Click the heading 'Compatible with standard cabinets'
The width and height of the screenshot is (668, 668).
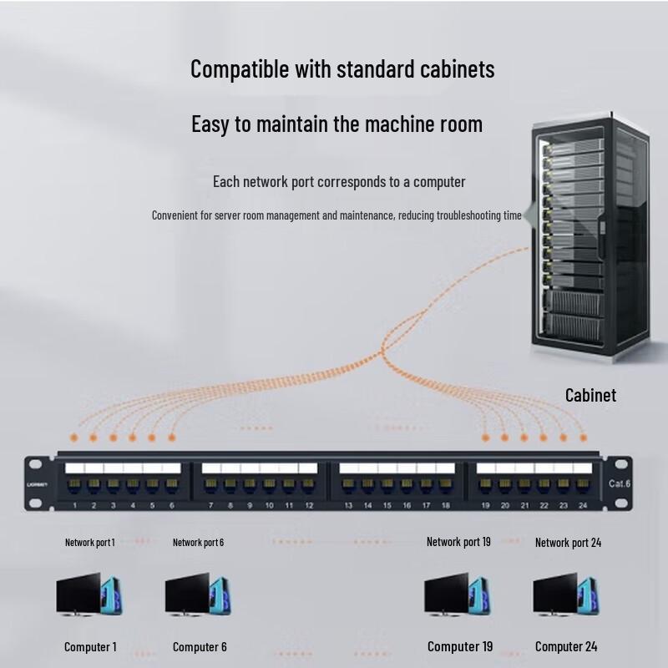tap(342, 68)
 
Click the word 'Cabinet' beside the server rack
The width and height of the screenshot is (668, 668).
tap(590, 395)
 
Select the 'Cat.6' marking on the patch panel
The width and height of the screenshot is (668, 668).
tap(618, 483)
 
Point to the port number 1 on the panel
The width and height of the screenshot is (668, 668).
tap(75, 506)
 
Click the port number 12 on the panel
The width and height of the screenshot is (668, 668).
tap(309, 506)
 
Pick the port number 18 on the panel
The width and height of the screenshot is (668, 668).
tap(446, 506)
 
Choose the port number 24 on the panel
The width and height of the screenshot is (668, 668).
tap(583, 506)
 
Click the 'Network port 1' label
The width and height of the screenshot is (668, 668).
tap(89, 543)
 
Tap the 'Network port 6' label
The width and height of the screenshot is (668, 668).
tap(198, 543)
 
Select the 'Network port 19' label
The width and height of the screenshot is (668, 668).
tap(458, 542)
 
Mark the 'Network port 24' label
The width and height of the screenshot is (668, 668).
tap(568, 543)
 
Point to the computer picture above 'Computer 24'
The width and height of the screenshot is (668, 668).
tap(565, 594)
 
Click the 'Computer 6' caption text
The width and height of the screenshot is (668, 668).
tap(200, 647)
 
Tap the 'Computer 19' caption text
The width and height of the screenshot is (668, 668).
tap(460, 646)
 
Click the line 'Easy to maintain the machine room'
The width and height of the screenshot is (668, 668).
tap(337, 125)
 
